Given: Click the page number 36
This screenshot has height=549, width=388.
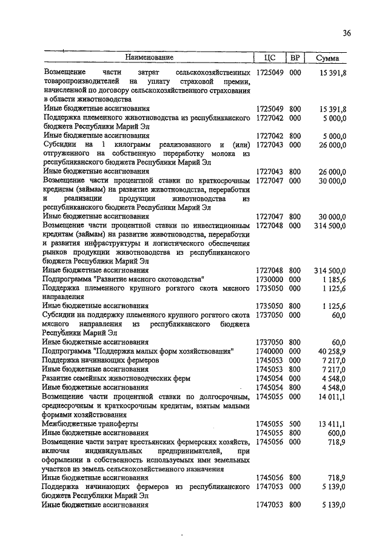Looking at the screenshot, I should (346, 33).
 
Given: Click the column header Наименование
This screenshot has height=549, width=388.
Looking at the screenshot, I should (149, 58).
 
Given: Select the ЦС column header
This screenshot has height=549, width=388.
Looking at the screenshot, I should (270, 58).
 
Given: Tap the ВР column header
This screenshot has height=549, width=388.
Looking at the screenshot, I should (295, 58).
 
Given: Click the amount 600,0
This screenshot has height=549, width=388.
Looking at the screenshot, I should (336, 433).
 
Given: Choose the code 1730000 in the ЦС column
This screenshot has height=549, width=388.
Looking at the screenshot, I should (270, 278).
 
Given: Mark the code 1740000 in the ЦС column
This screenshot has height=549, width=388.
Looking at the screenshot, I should (270, 351).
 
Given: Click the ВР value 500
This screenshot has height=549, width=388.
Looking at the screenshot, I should (295, 423).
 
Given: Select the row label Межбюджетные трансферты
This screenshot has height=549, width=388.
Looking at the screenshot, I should (90, 423).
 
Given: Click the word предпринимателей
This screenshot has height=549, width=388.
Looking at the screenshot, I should (194, 451).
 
